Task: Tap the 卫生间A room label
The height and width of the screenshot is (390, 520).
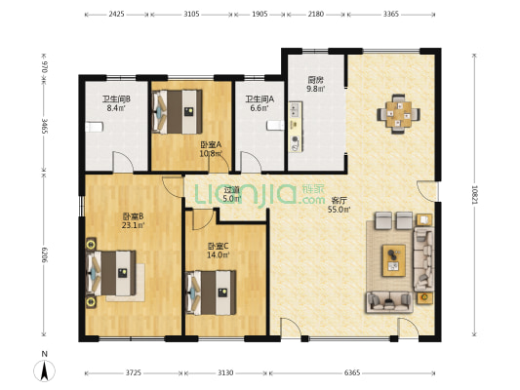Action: (260, 98)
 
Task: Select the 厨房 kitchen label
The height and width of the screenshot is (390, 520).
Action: (315, 80)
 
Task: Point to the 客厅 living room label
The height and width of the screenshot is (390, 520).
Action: (340, 199)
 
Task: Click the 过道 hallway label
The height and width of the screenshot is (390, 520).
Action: (231, 190)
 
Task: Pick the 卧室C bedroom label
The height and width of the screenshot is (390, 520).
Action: (218, 246)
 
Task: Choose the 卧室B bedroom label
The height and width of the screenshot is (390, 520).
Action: (134, 216)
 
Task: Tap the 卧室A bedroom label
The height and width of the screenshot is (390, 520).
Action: (211, 144)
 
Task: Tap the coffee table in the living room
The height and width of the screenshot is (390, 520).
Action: (393, 257)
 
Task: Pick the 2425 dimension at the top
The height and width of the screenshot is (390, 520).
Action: (116, 16)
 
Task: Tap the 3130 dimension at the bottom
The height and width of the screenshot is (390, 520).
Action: (225, 372)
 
